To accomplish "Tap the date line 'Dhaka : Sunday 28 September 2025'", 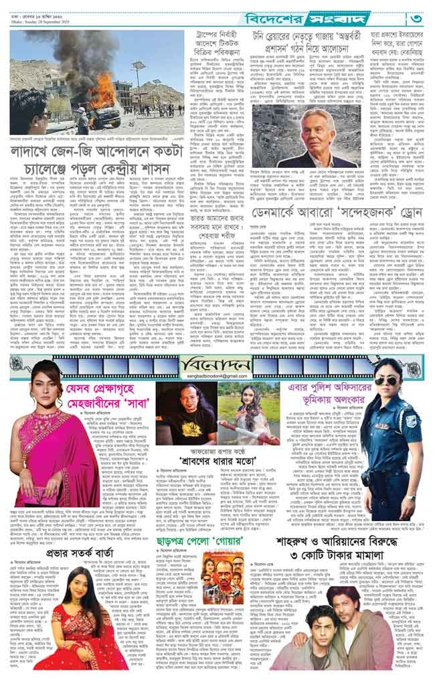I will pos(41,22).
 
